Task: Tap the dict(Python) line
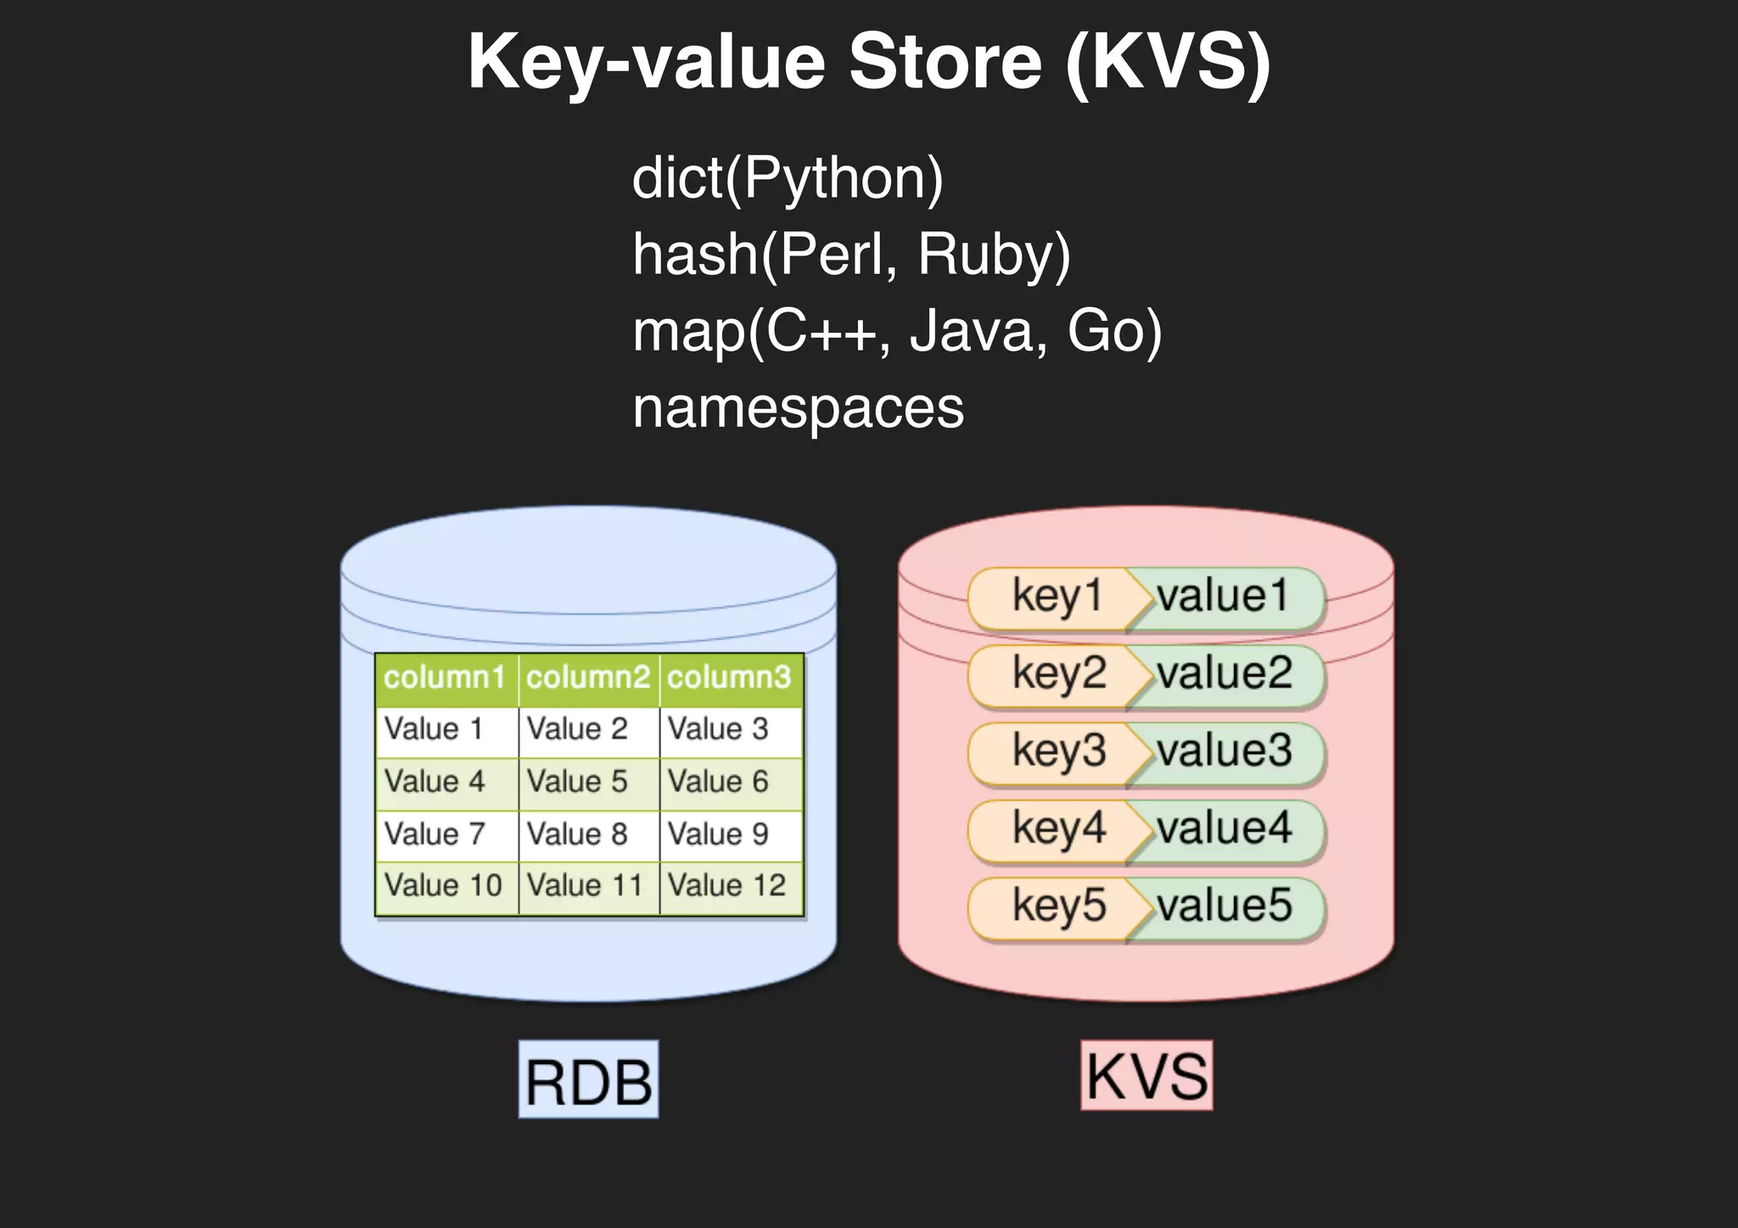tap(788, 178)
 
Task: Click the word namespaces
tap(798, 407)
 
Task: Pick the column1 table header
tap(445, 678)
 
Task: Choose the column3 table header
tap(729, 678)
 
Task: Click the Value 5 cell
tap(577, 782)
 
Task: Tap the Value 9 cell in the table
tap(718, 834)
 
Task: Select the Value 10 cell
tap(444, 886)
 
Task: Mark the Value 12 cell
tap(727, 886)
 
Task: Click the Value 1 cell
tap(434, 729)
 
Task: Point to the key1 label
tap(1057, 597)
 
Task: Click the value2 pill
tap(1225, 674)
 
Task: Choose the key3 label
tap(1058, 751)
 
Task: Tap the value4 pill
tap(1225, 828)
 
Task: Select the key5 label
tap(1058, 906)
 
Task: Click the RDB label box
tap(588, 1080)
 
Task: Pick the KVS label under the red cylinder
tap(1147, 1076)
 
